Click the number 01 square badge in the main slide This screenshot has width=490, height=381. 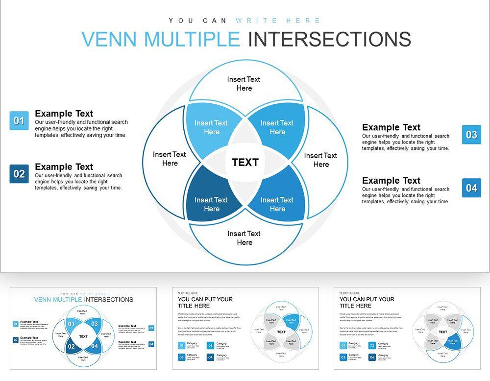19,120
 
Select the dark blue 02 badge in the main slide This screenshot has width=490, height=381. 19,174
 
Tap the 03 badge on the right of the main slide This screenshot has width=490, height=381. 471,135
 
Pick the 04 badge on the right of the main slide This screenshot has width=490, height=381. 471,188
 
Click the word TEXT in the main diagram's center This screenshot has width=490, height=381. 245,163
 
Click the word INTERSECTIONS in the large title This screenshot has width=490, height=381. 329,39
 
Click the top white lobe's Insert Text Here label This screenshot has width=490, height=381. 244,84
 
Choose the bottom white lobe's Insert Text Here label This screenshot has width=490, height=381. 244,238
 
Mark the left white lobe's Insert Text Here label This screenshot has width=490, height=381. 170,159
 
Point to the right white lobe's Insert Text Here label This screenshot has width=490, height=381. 321,160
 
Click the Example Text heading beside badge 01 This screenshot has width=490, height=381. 64,114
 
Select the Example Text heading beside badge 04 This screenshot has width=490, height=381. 391,181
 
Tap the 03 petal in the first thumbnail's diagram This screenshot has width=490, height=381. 95,324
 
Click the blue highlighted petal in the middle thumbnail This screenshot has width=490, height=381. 291,323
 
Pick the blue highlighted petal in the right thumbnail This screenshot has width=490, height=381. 452,341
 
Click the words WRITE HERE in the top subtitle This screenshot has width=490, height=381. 278,21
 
